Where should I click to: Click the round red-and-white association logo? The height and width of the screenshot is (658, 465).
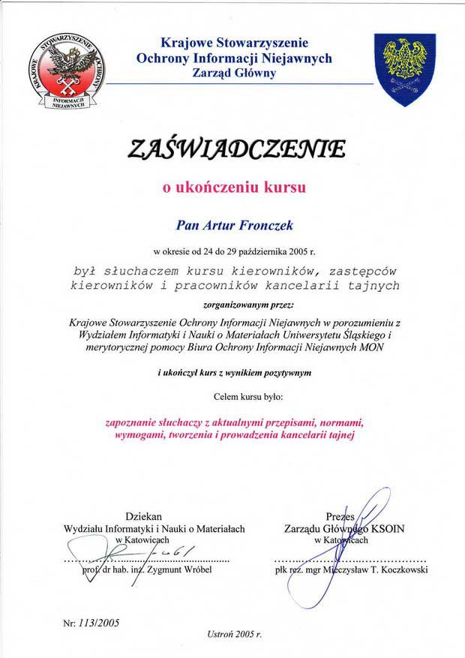pyautogui.click(x=67, y=72)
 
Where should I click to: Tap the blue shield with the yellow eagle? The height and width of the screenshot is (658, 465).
pyautogui.click(x=405, y=69)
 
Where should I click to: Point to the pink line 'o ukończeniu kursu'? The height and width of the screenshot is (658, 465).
pyautogui.click(x=235, y=188)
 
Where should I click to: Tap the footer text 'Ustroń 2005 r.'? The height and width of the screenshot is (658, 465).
pyautogui.click(x=234, y=634)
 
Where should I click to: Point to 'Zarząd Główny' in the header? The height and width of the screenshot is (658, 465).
pyautogui.click(x=234, y=73)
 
